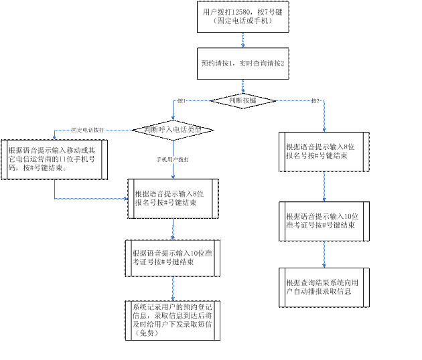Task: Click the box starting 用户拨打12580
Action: [x=243, y=16]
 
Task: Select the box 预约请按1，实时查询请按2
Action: [x=243, y=64]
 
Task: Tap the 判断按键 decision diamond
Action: [x=243, y=100]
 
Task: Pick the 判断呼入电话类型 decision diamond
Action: [x=173, y=129]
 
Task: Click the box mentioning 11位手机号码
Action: [x=54, y=159]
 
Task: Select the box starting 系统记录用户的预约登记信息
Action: [x=172, y=319]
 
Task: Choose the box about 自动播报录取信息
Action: [x=324, y=287]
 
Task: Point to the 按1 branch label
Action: [x=181, y=100]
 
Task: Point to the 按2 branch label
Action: [x=315, y=100]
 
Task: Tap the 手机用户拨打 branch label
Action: [x=172, y=159]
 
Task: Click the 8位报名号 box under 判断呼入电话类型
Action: [x=173, y=199]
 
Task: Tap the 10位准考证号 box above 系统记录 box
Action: [x=173, y=258]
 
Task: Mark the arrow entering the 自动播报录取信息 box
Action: [x=324, y=258]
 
